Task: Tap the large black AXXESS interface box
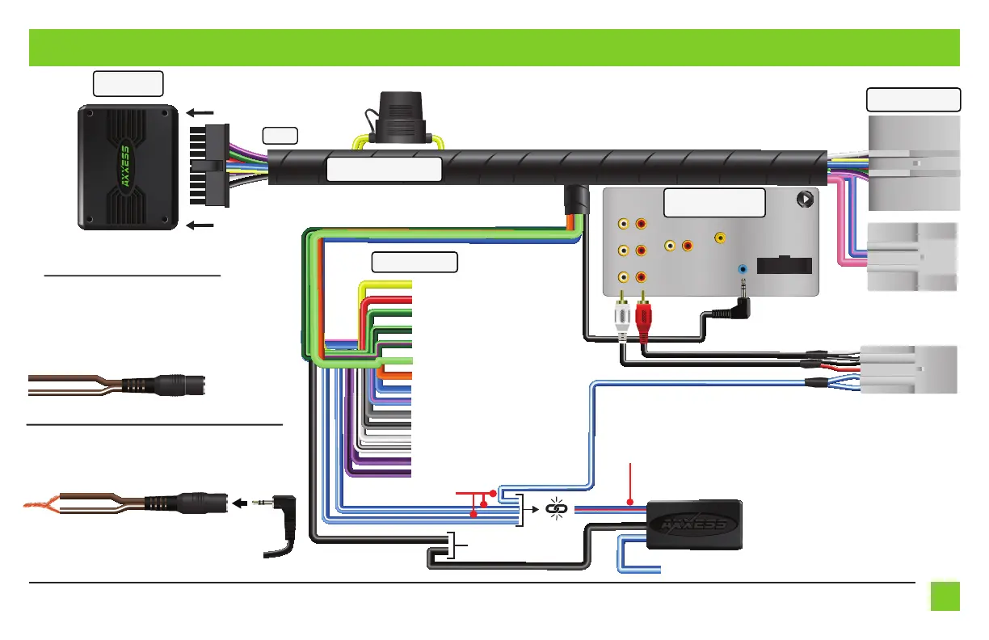(x=128, y=166)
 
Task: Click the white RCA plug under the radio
(x=623, y=318)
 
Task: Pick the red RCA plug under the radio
(x=644, y=318)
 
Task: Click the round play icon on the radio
(x=805, y=197)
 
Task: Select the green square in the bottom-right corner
(x=944, y=596)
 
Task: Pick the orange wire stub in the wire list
(x=396, y=376)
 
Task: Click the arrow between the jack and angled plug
(x=241, y=503)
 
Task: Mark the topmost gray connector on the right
(x=914, y=162)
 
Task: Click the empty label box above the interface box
(x=128, y=83)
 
